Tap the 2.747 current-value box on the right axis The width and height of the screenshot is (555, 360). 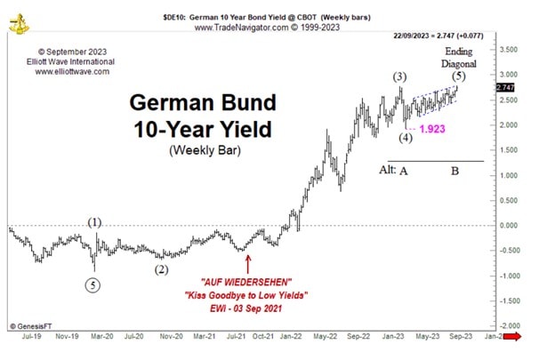504,86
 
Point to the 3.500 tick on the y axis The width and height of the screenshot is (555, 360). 510,48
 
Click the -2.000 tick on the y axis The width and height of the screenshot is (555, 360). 510,326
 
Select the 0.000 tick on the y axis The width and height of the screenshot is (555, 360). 510,225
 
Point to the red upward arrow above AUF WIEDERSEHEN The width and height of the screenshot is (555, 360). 247,263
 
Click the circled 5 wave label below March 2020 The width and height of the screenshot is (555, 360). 94,285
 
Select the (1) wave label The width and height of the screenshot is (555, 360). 95,222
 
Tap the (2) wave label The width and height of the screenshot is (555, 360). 161,269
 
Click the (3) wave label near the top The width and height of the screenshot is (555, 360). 401,76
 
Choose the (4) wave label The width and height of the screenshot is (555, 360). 405,138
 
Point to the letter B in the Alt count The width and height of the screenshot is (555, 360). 454,171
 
